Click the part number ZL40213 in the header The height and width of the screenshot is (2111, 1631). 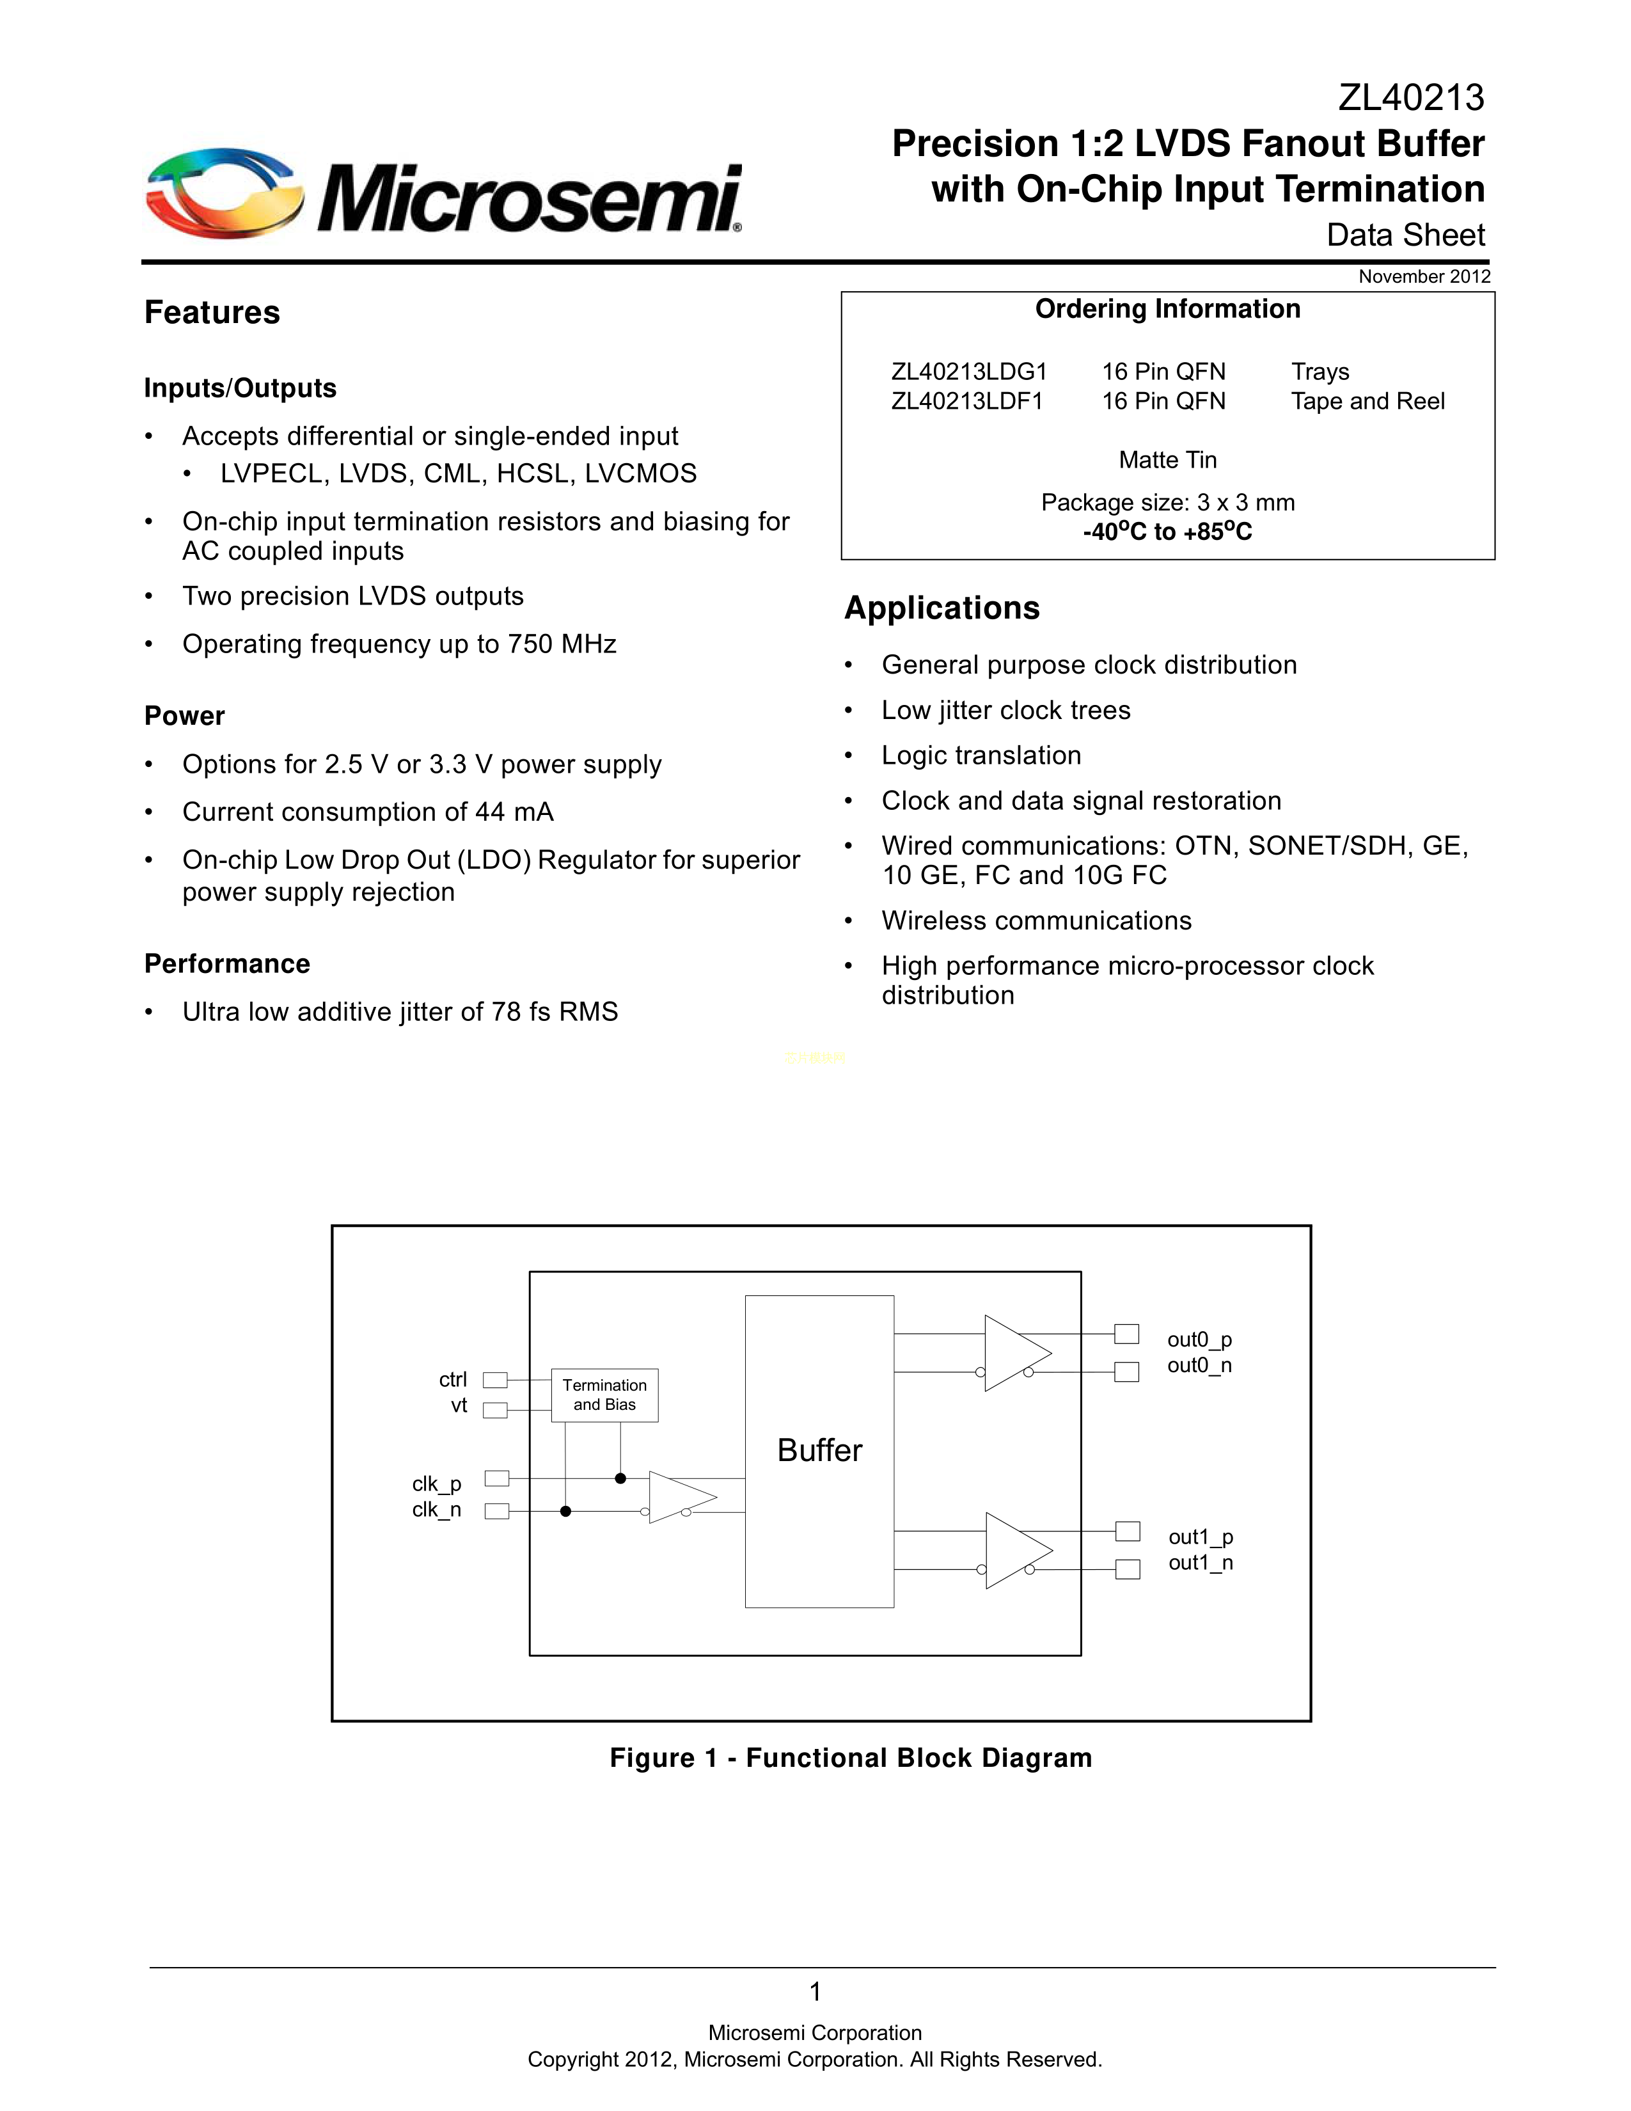coord(1411,98)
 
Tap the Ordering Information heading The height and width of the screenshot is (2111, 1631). coord(1167,310)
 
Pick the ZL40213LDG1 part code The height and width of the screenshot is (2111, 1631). coord(968,372)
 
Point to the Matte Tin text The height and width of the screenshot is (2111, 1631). coord(1167,460)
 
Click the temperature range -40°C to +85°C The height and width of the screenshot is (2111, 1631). coord(1167,532)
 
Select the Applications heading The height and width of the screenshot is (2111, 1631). coord(942,608)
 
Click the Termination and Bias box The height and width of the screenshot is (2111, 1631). coord(605,1395)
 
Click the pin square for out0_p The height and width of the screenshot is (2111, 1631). coord(1126,1334)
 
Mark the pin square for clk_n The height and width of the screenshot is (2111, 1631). coord(496,1511)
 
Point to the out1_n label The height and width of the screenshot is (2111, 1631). coord(1200,1563)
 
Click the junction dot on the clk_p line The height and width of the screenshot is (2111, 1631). coord(620,1478)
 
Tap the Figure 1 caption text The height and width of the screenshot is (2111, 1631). coord(850,1758)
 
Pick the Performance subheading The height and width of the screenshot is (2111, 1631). coord(227,963)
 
